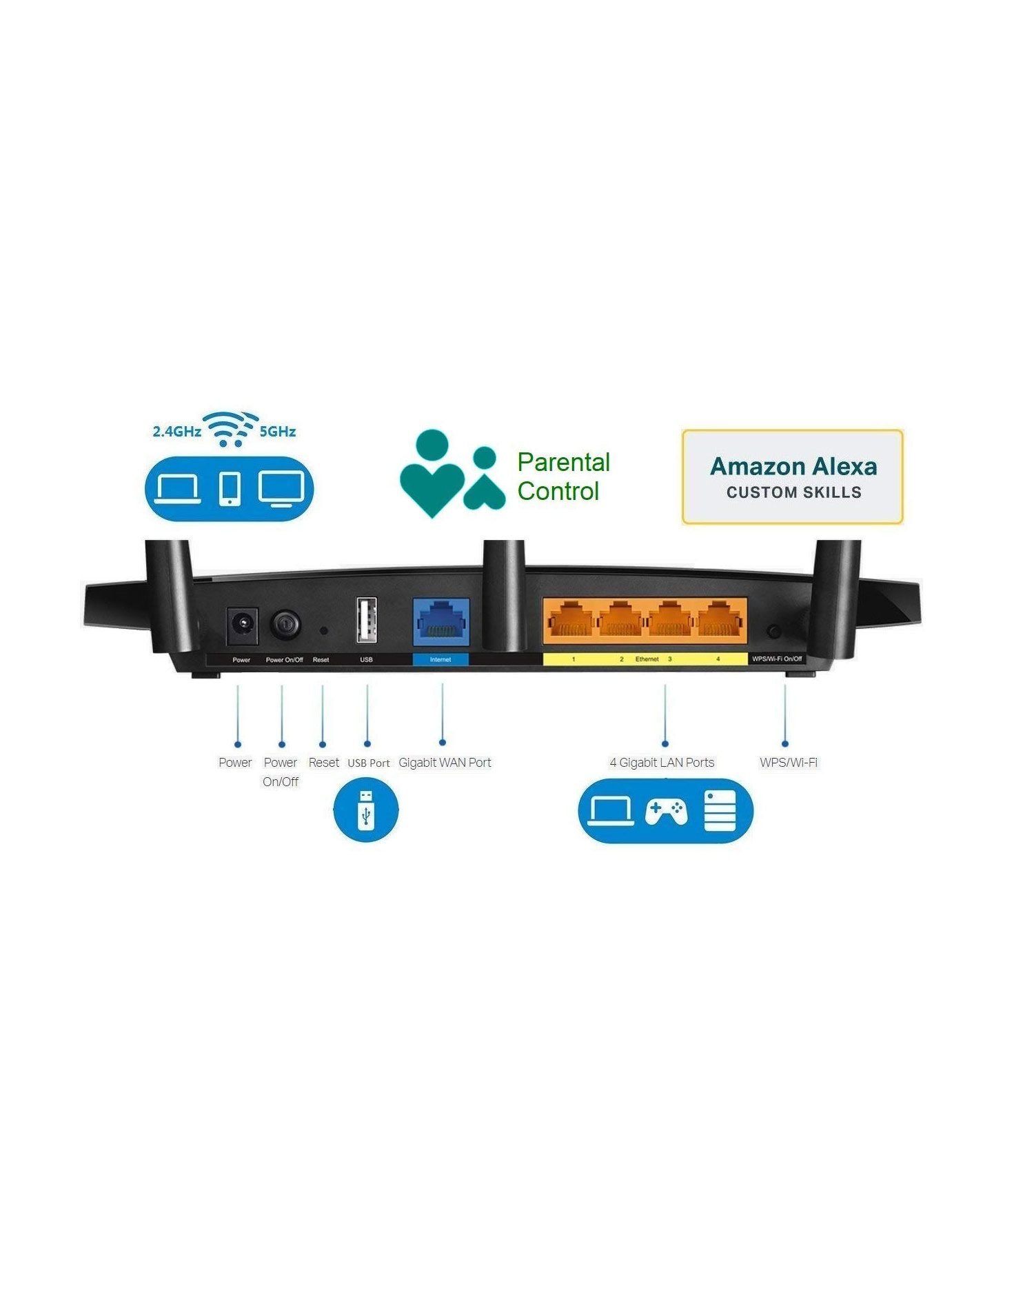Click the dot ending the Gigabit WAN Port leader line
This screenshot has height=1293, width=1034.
point(442,742)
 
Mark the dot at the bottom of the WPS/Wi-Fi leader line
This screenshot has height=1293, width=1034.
point(785,743)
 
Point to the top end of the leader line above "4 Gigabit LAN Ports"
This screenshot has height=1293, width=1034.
point(665,685)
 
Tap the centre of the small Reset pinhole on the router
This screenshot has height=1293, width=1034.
point(324,630)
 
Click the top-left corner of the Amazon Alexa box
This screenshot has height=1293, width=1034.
point(682,430)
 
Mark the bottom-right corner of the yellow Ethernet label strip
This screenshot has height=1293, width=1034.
point(747,665)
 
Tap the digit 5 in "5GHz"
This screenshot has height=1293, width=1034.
point(263,432)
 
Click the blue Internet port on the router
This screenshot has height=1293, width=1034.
point(441,622)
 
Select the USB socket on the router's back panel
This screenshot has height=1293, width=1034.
point(366,621)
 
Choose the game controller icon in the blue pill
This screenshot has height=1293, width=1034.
point(666,811)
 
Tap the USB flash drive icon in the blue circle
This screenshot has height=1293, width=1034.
point(366,809)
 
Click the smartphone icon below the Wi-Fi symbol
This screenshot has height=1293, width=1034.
point(230,488)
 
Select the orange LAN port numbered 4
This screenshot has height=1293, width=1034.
point(720,619)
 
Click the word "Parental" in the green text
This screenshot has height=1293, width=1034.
point(564,462)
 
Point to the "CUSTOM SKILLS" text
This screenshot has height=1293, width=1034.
point(794,492)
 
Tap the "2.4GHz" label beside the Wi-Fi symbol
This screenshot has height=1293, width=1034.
point(177,432)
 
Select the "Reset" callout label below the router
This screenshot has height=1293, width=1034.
point(324,762)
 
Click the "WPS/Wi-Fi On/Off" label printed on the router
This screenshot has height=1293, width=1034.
point(777,659)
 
